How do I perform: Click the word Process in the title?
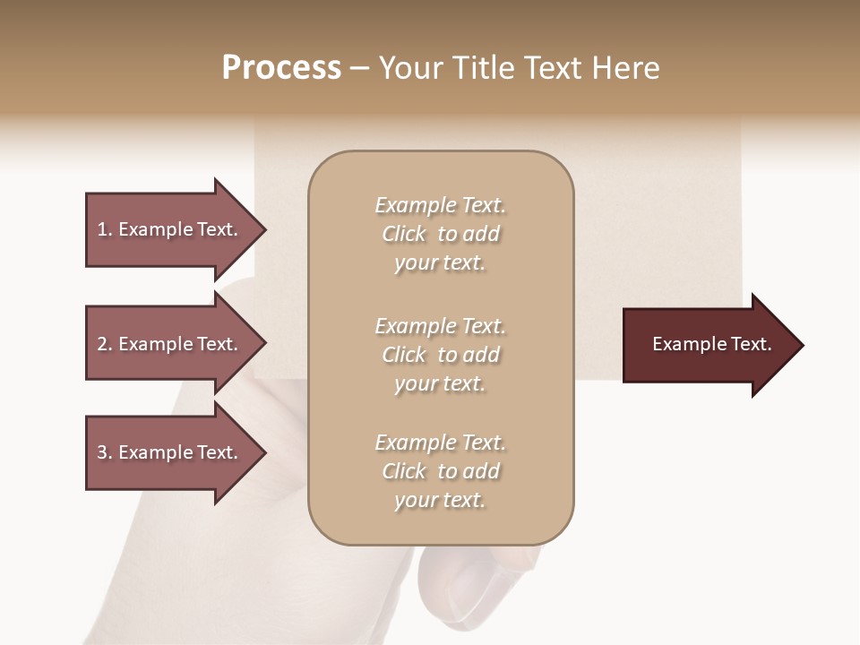[x=281, y=68]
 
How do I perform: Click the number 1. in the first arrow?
[x=105, y=229]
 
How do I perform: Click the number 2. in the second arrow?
[x=105, y=344]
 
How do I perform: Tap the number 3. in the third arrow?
[x=105, y=452]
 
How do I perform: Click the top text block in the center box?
[x=440, y=234]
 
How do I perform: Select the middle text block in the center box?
[x=440, y=355]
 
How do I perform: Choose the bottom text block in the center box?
[x=440, y=471]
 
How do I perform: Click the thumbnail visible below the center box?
[x=479, y=582]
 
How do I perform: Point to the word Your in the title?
[x=409, y=68]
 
